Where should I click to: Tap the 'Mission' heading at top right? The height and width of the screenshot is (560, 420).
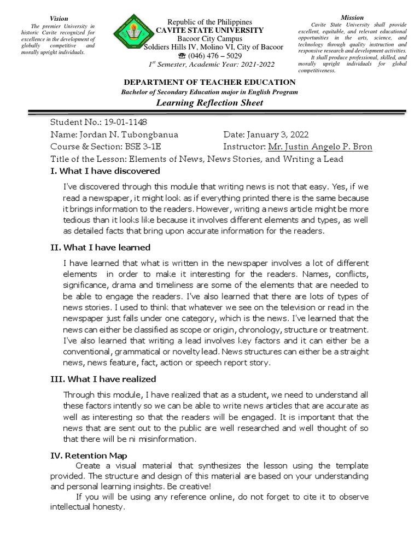click(x=352, y=17)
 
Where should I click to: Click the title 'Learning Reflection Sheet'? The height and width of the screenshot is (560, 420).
click(x=209, y=102)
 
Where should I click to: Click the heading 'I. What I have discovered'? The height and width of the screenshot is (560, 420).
click(x=105, y=171)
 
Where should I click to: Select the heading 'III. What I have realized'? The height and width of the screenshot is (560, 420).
click(x=103, y=379)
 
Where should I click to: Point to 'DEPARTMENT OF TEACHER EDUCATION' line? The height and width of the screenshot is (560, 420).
click(x=209, y=82)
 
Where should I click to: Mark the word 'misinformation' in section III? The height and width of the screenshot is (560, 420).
click(x=166, y=439)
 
